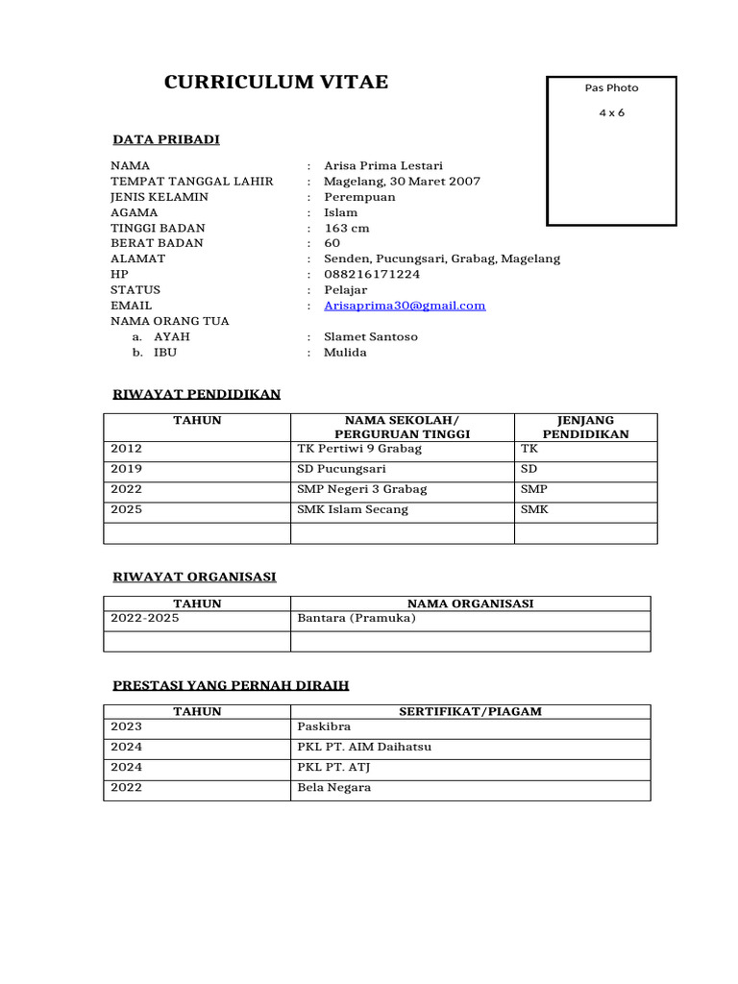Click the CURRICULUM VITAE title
(276, 83)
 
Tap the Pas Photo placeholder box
(611, 151)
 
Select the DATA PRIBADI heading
(165, 140)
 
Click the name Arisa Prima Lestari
(383, 166)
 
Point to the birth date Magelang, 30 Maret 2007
(402, 182)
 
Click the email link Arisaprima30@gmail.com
(405, 306)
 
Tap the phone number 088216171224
(372, 275)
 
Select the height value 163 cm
(346, 229)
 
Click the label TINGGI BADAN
(158, 229)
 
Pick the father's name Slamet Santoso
(370, 337)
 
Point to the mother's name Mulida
(345, 353)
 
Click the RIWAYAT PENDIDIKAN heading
(196, 394)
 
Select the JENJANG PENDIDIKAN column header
(585, 428)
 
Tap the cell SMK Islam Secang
(353, 510)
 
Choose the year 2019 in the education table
(127, 470)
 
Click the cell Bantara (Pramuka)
(357, 619)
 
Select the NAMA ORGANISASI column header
(470, 603)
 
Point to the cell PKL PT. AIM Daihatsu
(364, 748)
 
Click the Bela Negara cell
(333, 788)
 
